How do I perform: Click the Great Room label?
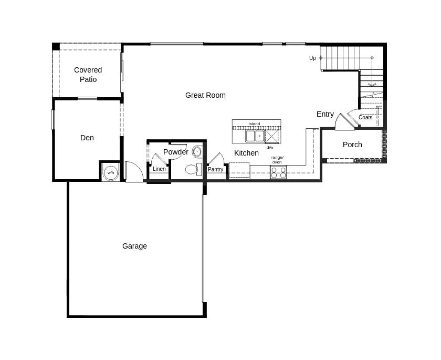point(205,95)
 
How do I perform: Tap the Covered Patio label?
point(88,75)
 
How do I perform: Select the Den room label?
point(87,138)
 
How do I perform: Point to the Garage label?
point(134,246)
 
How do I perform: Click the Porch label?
point(352,145)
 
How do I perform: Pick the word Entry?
point(325,114)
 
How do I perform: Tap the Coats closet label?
point(365,117)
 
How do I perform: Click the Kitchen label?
point(246,153)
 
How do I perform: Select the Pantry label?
point(215,169)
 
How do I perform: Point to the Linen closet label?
point(159,169)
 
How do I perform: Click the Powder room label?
point(175,152)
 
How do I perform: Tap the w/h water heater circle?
point(111,172)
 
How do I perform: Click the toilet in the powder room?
point(192,169)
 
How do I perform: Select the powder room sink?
point(197,152)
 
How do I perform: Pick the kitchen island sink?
point(255,136)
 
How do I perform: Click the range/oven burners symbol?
point(278,172)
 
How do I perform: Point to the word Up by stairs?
point(312,58)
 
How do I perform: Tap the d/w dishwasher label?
point(270,148)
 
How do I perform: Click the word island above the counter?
point(254,124)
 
